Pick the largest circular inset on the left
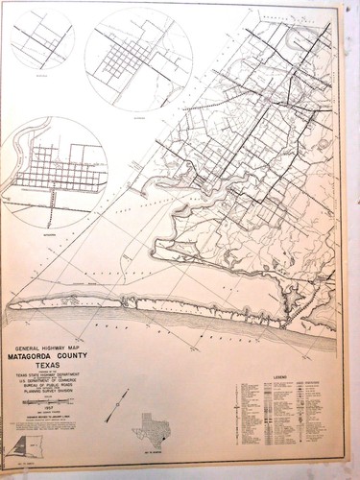(56, 173)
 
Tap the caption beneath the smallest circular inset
(40, 74)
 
